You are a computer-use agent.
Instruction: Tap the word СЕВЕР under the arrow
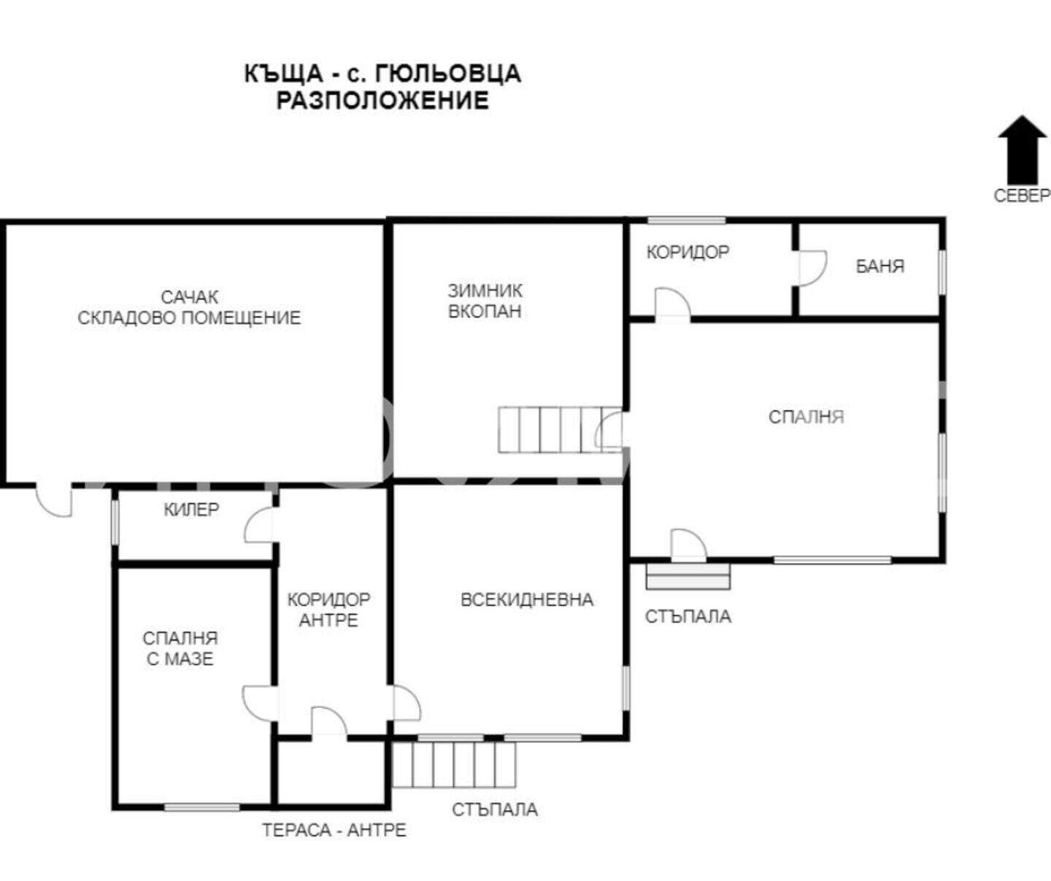pyautogui.click(x=1022, y=196)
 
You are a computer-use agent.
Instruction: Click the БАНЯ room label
pyautogui.click(x=880, y=266)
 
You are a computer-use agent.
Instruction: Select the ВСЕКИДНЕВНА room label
pyautogui.click(x=527, y=599)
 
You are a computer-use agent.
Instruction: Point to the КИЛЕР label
pyautogui.click(x=191, y=509)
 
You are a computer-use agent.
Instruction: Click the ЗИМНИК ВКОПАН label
pyautogui.click(x=485, y=301)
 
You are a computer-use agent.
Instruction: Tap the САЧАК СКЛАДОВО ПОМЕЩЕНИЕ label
pyautogui.click(x=189, y=307)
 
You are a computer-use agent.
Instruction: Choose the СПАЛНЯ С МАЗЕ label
pyautogui.click(x=180, y=648)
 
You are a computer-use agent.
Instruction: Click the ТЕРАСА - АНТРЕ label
pyautogui.click(x=334, y=830)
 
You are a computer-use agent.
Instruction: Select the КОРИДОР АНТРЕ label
pyautogui.click(x=328, y=609)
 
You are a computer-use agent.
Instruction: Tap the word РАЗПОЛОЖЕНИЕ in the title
pyautogui.click(x=382, y=100)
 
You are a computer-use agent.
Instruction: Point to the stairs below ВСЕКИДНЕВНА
pyautogui.click(x=454, y=764)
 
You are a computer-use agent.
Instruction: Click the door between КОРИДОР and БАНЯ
pyautogui.click(x=810, y=269)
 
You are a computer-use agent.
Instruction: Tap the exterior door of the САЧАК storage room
pyautogui.click(x=53, y=500)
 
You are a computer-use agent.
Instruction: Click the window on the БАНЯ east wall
pyautogui.click(x=942, y=271)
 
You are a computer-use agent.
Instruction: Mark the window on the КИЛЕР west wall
pyautogui.click(x=115, y=522)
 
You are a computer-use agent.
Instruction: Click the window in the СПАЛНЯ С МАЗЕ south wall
pyautogui.click(x=202, y=807)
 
